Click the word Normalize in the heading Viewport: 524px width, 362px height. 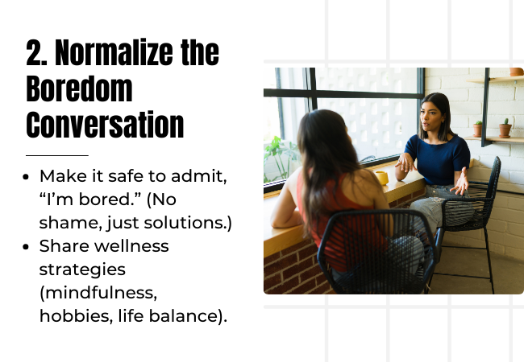pyautogui.click(x=114, y=52)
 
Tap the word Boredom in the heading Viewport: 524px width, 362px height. pyautogui.click(x=80, y=88)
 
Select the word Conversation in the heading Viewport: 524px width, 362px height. pyautogui.click(x=105, y=125)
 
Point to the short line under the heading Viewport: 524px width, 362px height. pyautogui.click(x=57, y=155)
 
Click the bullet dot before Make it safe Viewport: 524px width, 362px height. pyautogui.click(x=26, y=177)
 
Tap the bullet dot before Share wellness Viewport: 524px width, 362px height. pyautogui.click(x=26, y=247)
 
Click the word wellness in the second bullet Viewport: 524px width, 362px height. pyautogui.click(x=131, y=246)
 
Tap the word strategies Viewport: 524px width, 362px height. pyautogui.click(x=82, y=270)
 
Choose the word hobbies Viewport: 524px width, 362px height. pyautogui.click(x=77, y=316)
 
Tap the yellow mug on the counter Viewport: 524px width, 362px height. pyautogui.click(x=381, y=177)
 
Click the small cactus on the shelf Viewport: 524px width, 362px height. pyautogui.click(x=505, y=128)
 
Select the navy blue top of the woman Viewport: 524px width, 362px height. pyautogui.click(x=438, y=158)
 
